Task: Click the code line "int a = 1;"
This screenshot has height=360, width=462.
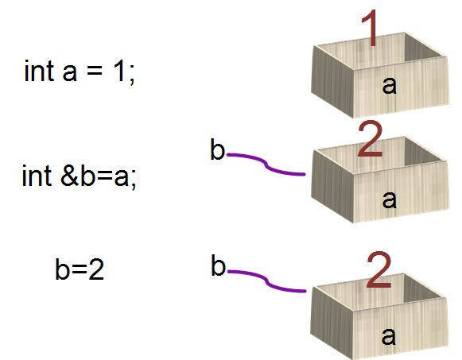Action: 80,72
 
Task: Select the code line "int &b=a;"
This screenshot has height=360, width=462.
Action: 80,176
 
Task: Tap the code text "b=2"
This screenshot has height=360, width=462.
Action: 80,269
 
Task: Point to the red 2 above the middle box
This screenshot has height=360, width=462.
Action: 371,138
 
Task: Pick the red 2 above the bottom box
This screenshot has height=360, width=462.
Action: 379,269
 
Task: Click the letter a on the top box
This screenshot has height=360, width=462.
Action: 389,85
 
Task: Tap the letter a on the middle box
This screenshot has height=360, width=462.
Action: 389,199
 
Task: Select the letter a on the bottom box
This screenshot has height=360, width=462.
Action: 388,336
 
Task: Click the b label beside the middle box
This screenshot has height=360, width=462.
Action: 217,149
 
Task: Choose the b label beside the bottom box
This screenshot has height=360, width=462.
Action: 219,265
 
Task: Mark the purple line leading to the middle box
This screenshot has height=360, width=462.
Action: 266,164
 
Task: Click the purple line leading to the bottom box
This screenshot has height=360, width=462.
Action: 266,281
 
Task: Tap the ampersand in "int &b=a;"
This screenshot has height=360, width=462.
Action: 69,176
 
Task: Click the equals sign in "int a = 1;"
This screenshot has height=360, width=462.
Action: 95,72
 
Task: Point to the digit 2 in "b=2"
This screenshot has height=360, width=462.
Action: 96,269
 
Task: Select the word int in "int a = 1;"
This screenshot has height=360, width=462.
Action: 39,71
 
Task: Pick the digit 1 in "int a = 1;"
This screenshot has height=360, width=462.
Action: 120,70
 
